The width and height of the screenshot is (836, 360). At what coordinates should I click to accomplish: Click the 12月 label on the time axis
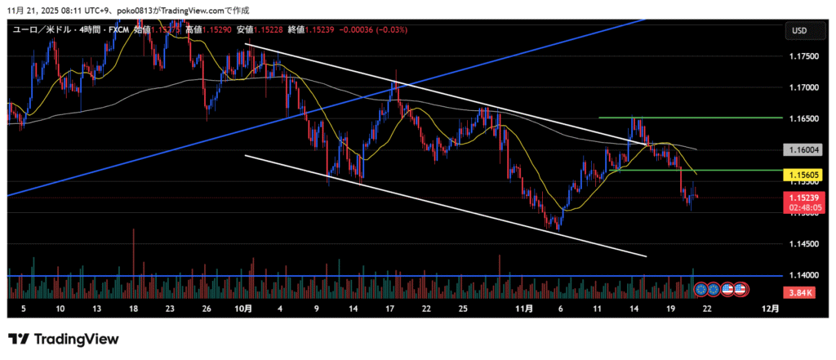pyautogui.click(x=770, y=309)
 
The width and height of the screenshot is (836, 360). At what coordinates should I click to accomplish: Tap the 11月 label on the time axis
pyautogui.click(x=525, y=309)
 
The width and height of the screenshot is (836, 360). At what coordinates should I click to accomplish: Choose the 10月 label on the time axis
pyautogui.click(x=243, y=309)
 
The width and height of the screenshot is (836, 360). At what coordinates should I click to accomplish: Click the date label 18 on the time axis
pyautogui.click(x=133, y=309)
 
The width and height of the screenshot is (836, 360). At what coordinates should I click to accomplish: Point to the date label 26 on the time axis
pyautogui.click(x=207, y=309)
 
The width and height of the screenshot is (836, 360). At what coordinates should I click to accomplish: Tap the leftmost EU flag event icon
pyautogui.click(x=700, y=289)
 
